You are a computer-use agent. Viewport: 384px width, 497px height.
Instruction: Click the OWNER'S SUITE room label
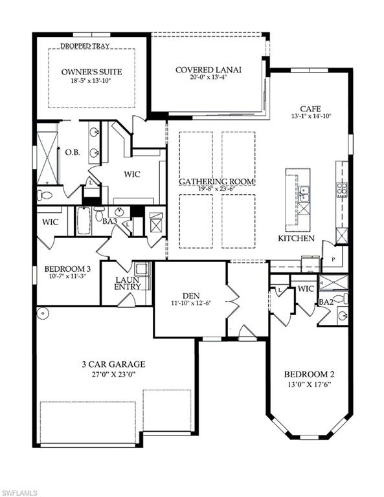(92, 72)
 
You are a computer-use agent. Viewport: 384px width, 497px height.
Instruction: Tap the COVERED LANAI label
(209, 69)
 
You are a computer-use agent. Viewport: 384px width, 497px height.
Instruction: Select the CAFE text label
(311, 109)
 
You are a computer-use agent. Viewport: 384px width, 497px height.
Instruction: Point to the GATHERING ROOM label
(217, 182)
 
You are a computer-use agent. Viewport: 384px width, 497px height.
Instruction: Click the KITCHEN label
(296, 238)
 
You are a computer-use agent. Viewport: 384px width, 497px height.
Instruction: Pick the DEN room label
(191, 296)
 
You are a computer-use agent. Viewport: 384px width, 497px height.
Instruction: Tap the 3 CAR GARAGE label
(113, 364)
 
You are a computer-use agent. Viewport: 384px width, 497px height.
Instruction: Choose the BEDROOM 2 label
(309, 374)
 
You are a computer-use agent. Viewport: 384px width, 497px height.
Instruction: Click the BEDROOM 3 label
(67, 269)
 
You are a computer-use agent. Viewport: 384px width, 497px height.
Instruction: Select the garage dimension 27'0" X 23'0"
(113, 374)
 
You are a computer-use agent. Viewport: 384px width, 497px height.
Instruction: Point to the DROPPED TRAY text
(85, 46)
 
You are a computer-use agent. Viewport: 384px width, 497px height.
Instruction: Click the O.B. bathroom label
(73, 153)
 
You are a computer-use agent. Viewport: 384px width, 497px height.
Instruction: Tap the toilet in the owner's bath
(45, 195)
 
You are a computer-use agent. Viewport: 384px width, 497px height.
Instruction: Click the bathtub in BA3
(84, 220)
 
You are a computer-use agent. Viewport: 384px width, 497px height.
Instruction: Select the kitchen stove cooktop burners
(342, 190)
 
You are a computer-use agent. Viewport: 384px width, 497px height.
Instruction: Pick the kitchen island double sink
(304, 194)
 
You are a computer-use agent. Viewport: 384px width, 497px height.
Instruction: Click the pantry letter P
(333, 260)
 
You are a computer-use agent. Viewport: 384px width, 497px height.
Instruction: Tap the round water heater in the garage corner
(42, 314)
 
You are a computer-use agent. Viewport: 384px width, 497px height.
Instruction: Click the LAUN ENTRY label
(127, 283)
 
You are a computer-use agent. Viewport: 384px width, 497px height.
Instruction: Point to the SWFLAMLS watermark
(19, 492)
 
